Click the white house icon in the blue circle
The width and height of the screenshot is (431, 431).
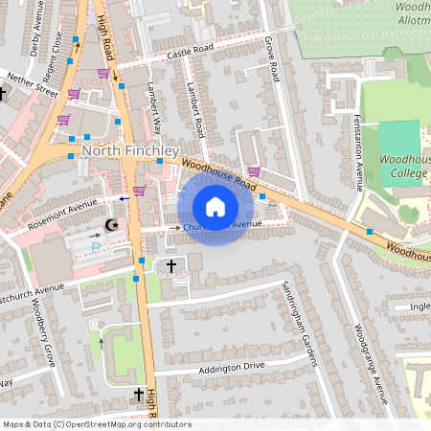click(x=215, y=207)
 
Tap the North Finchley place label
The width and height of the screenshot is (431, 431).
click(x=130, y=151)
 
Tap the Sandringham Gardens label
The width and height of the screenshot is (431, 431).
click(x=299, y=324)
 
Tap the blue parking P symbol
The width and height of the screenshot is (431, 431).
click(x=95, y=247)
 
